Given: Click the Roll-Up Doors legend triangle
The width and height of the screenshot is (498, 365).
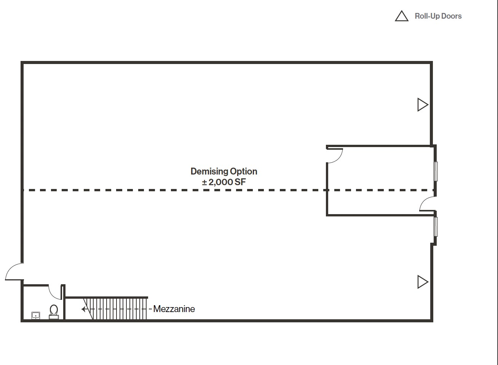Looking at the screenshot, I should [401, 16].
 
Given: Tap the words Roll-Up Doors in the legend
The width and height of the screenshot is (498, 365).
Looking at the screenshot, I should [438, 16].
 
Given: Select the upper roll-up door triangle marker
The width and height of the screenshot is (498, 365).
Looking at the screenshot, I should [422, 105].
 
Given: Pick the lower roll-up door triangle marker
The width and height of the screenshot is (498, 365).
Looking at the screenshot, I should [422, 282].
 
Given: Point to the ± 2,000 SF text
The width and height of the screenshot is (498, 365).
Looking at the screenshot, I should [224, 182].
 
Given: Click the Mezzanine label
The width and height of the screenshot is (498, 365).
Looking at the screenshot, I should [174, 309].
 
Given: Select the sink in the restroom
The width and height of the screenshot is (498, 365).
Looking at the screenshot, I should [35, 315].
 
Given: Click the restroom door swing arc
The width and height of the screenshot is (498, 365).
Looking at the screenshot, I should [54, 292].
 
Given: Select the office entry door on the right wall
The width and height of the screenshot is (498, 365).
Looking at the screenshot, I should [428, 204].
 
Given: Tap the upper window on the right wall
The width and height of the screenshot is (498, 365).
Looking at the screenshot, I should [436, 171].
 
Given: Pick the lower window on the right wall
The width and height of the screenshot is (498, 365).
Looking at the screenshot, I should [436, 226].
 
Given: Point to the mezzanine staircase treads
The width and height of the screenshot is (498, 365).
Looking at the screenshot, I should [118, 309].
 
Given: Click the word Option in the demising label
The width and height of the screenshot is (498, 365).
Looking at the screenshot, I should [243, 171].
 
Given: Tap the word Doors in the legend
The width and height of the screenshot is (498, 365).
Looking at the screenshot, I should [451, 16].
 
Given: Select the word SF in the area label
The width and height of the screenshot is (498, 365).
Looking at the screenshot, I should [240, 182].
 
